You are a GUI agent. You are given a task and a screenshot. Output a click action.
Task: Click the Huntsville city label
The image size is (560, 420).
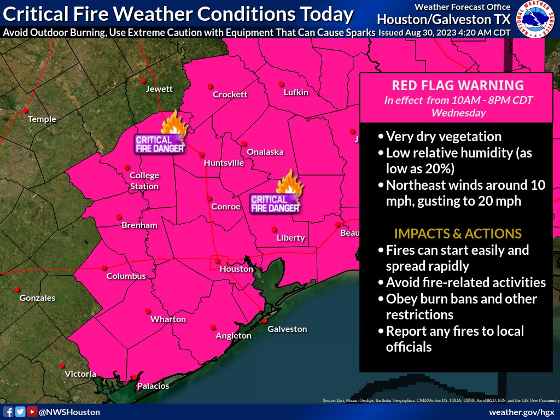(224, 163)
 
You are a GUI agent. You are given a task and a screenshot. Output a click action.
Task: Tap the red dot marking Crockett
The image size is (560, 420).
(209, 86)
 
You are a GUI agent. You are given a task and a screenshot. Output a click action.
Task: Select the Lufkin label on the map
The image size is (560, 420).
(296, 92)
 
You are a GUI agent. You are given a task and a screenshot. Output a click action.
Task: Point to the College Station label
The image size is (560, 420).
(144, 181)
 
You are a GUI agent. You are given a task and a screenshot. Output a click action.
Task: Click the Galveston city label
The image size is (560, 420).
(287, 329)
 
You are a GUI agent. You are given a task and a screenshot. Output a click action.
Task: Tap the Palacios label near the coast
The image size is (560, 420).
(153, 386)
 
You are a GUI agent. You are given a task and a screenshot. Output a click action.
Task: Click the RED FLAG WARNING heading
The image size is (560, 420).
(458, 85)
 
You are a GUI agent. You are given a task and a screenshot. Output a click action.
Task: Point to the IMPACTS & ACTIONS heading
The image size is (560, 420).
(458, 234)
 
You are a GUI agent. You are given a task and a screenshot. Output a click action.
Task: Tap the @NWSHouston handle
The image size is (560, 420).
(69, 412)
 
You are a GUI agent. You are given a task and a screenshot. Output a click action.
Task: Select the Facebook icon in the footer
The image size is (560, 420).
(9, 412)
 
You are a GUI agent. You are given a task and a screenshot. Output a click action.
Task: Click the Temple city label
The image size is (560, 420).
(42, 119)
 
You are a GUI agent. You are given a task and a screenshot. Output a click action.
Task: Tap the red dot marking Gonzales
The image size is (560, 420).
(17, 289)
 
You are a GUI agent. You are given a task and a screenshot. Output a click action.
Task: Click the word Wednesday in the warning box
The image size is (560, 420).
(458, 113)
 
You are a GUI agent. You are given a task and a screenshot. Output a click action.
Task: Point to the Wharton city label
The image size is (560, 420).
(168, 319)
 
